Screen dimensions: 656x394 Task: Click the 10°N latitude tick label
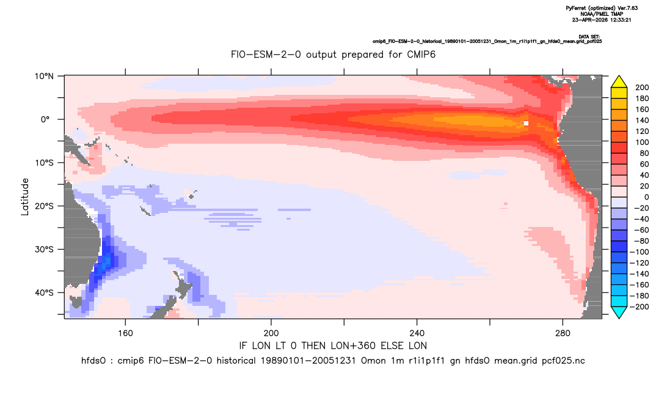click(x=44, y=76)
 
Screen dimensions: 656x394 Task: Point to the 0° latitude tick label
click(x=46, y=119)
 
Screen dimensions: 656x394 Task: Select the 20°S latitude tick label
click(x=44, y=206)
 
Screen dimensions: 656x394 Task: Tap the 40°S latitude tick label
click(x=44, y=292)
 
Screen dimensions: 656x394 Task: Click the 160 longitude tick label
click(x=125, y=333)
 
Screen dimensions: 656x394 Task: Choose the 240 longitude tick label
click(x=417, y=333)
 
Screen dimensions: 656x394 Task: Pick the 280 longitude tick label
click(x=563, y=333)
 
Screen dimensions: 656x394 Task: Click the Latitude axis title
click(x=25, y=197)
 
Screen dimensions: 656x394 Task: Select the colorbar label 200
click(x=642, y=87)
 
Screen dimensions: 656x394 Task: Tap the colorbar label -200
click(x=640, y=307)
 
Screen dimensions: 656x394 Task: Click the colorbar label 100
click(x=642, y=143)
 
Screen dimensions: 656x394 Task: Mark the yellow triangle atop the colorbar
click(x=619, y=82)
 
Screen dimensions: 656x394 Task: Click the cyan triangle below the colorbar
click(x=619, y=312)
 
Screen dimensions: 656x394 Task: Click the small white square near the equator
click(x=526, y=123)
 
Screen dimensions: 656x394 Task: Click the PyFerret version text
click(x=602, y=9)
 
